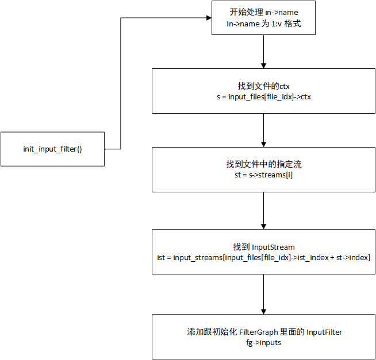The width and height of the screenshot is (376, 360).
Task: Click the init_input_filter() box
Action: [52, 149]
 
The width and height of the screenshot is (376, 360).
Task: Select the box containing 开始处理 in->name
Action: [263, 18]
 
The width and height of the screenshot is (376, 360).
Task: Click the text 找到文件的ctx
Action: [262, 86]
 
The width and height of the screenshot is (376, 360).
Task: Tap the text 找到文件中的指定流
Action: [262, 164]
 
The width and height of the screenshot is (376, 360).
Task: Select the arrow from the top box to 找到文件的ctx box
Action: [263, 52]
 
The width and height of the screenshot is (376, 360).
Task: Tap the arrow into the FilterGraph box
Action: [263, 295]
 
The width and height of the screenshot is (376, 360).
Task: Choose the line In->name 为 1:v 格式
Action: [263, 25]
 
